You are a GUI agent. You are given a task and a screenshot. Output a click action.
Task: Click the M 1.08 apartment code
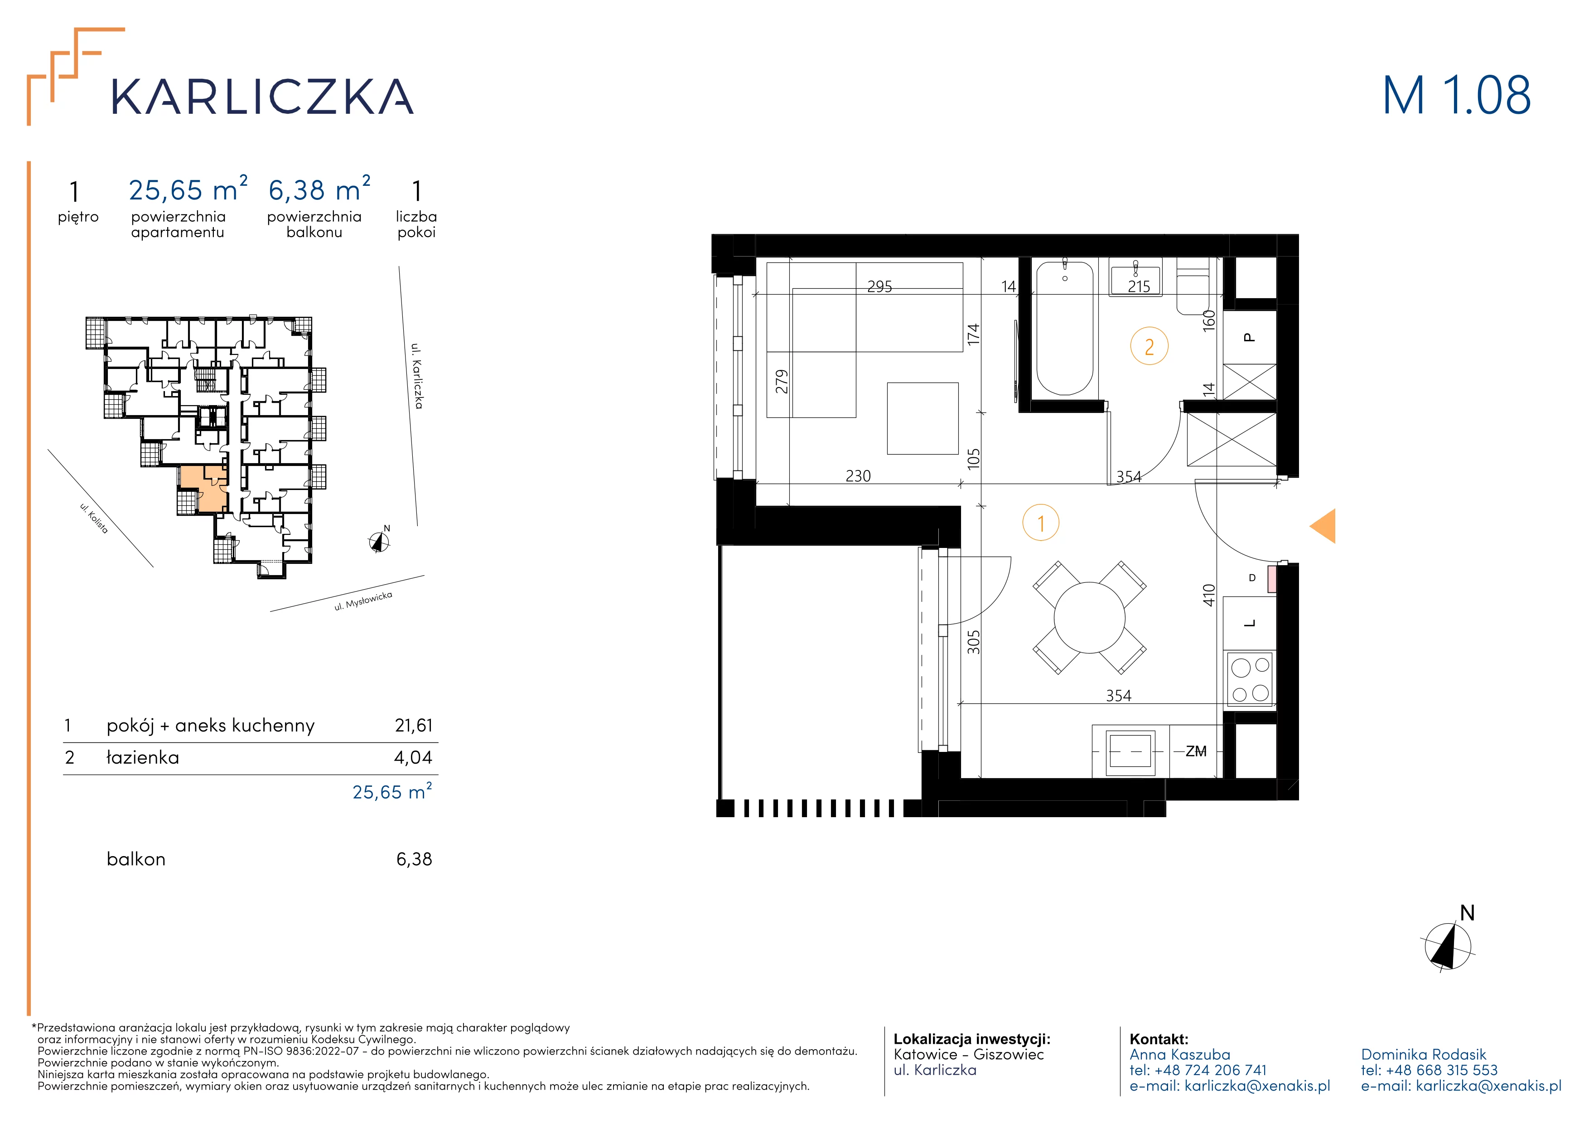coord(1456,96)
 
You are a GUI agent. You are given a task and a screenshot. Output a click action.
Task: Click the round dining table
coord(1089,617)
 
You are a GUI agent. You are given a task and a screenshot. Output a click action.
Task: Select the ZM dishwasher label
coord(1196,751)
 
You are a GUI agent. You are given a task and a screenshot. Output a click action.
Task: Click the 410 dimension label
coord(1209,595)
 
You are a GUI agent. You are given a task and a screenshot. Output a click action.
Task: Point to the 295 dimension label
coord(879,286)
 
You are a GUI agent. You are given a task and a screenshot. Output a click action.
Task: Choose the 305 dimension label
coord(974,642)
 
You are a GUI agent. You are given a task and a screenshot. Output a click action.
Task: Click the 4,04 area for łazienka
coord(413,757)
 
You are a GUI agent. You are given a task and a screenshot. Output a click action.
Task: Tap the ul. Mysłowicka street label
coord(363,601)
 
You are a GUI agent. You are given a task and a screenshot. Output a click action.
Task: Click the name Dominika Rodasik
coord(1424,1054)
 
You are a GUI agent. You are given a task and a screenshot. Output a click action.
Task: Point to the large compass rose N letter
coord(1467,914)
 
